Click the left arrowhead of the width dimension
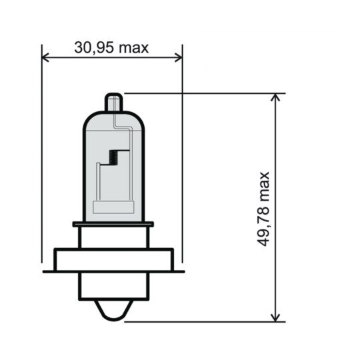coord(45,57)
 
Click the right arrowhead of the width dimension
coord(178,57)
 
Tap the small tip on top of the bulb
coord(114,103)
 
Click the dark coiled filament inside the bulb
coord(113,158)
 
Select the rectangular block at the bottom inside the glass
coord(113,207)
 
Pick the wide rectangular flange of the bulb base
coord(113,259)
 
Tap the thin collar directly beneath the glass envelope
coord(113,225)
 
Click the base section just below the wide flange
coord(113,285)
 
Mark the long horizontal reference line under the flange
coord(67,271)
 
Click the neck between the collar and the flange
coord(113,237)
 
